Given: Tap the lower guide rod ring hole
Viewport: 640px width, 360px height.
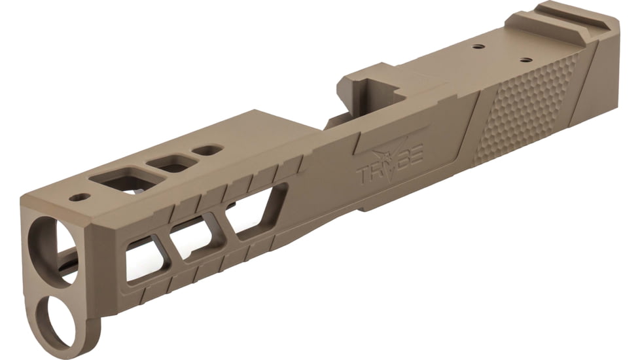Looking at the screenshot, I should (x=58, y=319).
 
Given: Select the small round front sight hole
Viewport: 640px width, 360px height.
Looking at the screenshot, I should (x=80, y=196).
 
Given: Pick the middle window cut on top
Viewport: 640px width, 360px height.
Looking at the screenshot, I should (x=171, y=164).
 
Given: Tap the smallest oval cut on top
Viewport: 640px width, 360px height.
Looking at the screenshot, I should (x=207, y=150).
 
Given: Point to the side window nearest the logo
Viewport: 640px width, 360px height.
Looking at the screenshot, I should (x=258, y=213).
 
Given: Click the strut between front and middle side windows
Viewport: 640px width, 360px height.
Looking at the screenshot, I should (x=169, y=249).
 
